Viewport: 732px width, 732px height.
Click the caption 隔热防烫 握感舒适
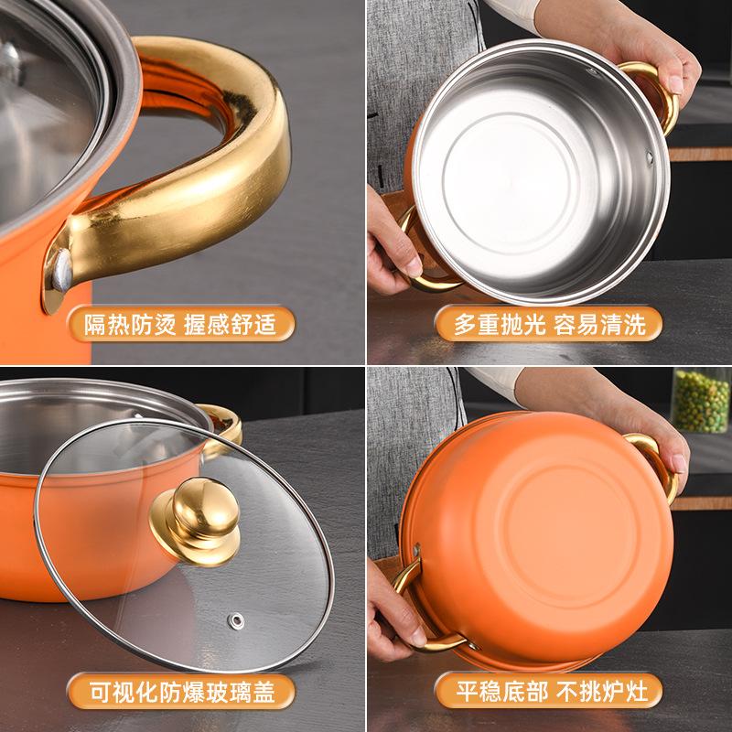(x=182, y=325)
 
